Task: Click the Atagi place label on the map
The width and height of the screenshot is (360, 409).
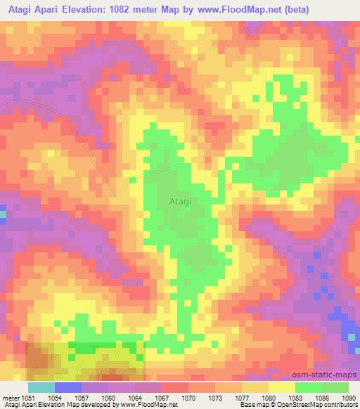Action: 181,201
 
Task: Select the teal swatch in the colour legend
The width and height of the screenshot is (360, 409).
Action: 41,387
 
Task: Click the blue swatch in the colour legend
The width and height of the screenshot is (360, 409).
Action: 68,387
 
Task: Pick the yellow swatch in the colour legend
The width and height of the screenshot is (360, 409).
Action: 282,387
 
